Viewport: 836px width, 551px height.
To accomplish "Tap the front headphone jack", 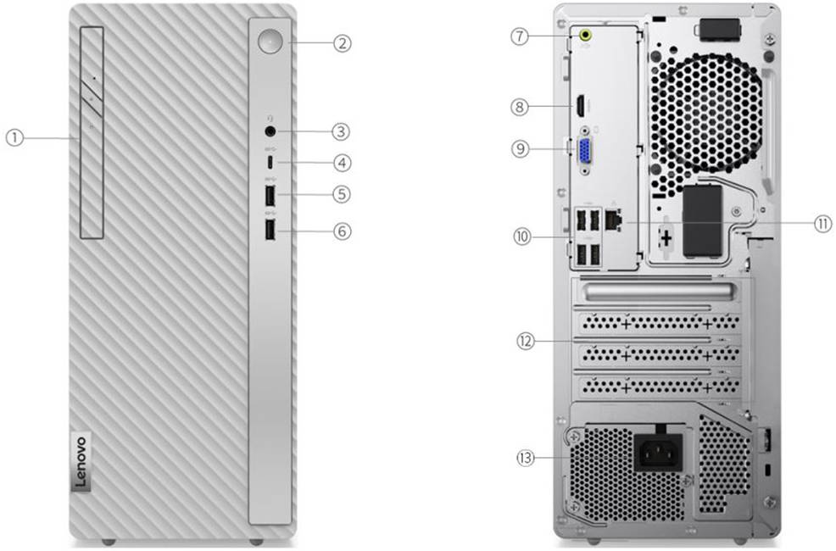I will pyautogui.click(x=270, y=131).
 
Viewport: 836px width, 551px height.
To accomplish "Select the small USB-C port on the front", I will pyautogui.click(x=270, y=161).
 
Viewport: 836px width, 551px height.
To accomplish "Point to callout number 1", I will pyautogui.click(x=15, y=136).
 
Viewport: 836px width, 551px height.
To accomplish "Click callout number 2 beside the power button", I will pyautogui.click(x=342, y=42).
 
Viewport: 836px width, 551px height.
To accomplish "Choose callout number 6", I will pyautogui.click(x=342, y=231).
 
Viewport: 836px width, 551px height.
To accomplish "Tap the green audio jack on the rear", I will pyautogui.click(x=584, y=36).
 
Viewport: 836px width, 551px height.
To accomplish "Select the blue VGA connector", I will pyautogui.click(x=586, y=153).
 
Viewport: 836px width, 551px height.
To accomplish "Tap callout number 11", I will pyautogui.click(x=821, y=224).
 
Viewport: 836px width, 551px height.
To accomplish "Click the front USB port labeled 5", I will pyautogui.click(x=270, y=195).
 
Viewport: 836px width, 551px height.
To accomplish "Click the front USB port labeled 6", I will pyautogui.click(x=270, y=230).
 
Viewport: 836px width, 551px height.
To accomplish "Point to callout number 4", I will pyautogui.click(x=342, y=161).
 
